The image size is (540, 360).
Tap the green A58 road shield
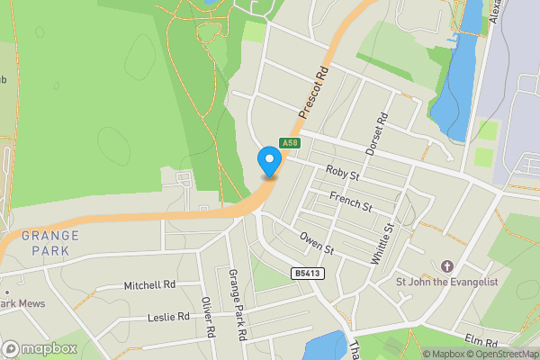[x=289, y=143]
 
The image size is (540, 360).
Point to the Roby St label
[x=342, y=170]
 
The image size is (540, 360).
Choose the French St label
[x=350, y=201]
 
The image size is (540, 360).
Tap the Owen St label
[x=317, y=242]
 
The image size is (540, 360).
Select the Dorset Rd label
[x=376, y=132]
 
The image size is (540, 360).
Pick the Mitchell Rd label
[x=149, y=286]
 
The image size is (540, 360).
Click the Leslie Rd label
[x=168, y=317]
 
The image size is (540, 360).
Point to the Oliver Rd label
[x=209, y=318]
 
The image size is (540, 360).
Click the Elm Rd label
[x=481, y=343]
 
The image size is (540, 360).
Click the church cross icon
[x=447, y=266]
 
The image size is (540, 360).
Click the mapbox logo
[x=39, y=348]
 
